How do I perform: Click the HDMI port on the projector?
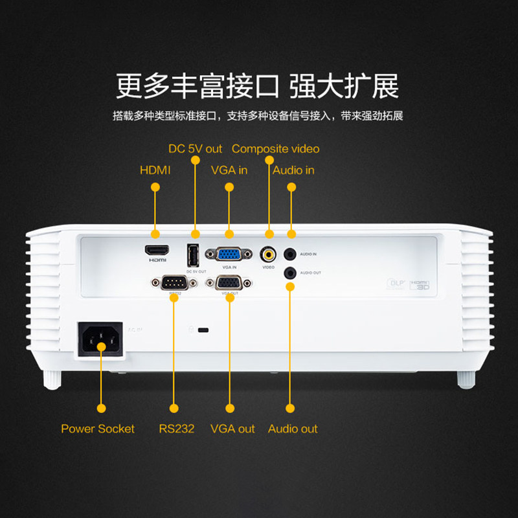(x=157, y=249)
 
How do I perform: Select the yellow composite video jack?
(x=268, y=254)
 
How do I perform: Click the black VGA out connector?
(x=229, y=282)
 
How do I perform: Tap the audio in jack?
(x=291, y=254)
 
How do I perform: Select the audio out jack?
(x=291, y=273)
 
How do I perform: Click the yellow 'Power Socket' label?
(x=98, y=429)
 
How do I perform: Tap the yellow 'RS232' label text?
(x=176, y=429)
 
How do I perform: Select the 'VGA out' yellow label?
(x=232, y=429)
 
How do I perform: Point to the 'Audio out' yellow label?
(x=293, y=429)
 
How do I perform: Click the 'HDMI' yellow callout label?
(x=155, y=170)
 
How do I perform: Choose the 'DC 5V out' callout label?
(x=195, y=149)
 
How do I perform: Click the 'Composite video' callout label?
(x=275, y=149)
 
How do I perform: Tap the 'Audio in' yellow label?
(x=293, y=170)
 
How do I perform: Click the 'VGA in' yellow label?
(x=229, y=170)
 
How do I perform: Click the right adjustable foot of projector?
(x=465, y=379)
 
